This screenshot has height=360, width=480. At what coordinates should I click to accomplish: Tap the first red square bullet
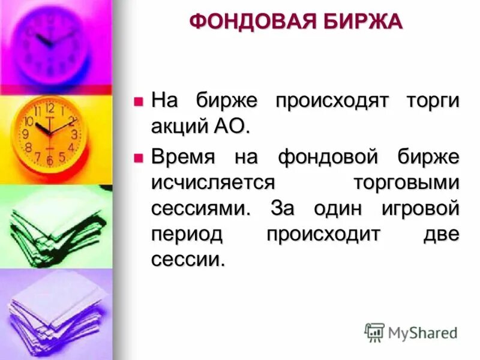pyautogui.click(x=139, y=101)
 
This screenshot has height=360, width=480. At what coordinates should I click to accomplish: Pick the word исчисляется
pyautogui.click(x=212, y=183)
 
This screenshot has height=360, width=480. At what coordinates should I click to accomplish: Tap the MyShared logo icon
pyautogui.click(x=374, y=332)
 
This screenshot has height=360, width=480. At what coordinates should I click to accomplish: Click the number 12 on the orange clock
pyautogui.click(x=50, y=108)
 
